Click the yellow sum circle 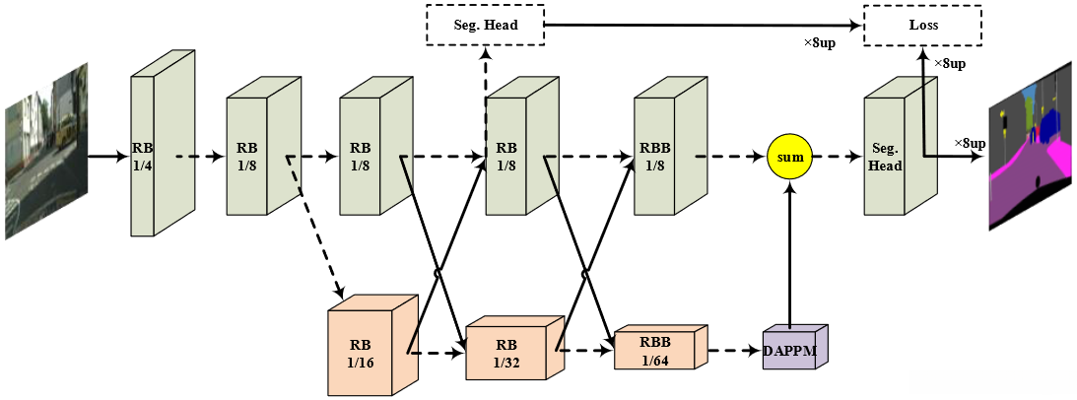[789, 157]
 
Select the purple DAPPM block [795, 347]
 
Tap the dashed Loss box [923, 26]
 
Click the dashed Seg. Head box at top [486, 26]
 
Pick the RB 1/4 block [163, 143]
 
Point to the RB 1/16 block [373, 345]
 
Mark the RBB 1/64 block [660, 347]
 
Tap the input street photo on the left [46, 151]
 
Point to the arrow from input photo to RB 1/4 [109, 156]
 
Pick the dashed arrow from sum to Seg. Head [838, 157]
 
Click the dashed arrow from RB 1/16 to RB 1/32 [437, 354]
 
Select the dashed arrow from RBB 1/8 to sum [731, 157]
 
